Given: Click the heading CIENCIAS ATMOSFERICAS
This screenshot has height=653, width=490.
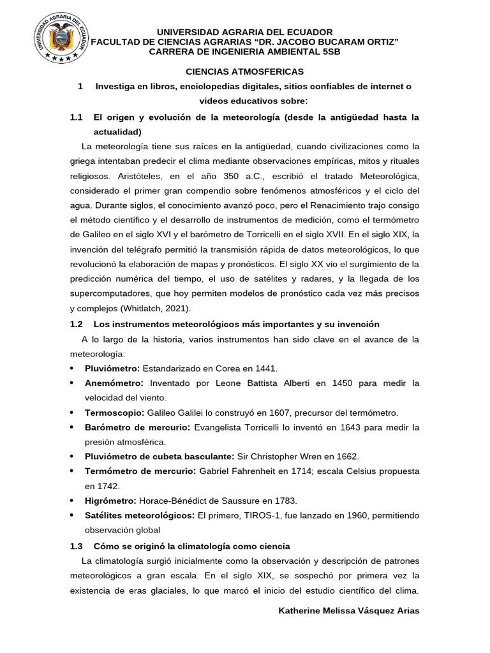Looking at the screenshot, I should [244, 71].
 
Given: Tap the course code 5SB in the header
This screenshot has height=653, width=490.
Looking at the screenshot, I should [329, 52].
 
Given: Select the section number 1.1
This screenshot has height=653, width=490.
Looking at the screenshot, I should [77, 118].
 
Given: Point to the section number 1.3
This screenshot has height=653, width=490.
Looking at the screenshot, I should [77, 547].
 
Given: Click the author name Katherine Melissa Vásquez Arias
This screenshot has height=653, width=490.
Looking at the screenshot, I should [349, 610].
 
